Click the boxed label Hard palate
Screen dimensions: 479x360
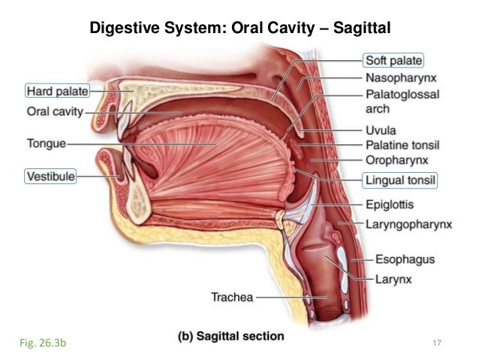point(57,92)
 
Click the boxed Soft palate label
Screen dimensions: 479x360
point(393,60)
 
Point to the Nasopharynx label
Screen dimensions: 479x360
point(402,77)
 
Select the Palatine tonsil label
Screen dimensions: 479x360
point(402,144)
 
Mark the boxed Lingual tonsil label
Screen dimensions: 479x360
point(400,180)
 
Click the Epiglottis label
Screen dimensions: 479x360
point(390,204)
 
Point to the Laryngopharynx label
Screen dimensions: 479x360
point(409,223)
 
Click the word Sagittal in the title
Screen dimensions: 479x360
point(352,29)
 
